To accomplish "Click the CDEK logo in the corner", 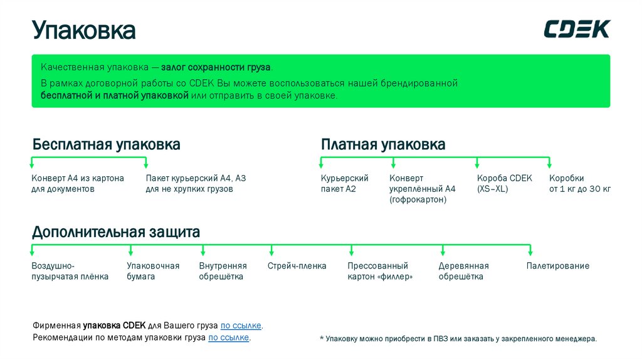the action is pyautogui.click(x=576, y=29).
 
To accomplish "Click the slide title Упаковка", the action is pyautogui.click(x=84, y=30).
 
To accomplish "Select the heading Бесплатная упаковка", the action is pyautogui.click(x=107, y=145).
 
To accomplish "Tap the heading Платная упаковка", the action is pyautogui.click(x=383, y=145).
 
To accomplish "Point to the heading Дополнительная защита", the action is pyautogui.click(x=116, y=233).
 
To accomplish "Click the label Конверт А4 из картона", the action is pyautogui.click(x=78, y=183).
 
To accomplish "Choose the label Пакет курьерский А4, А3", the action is pyautogui.click(x=196, y=183).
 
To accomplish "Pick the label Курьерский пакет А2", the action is pyautogui.click(x=344, y=183).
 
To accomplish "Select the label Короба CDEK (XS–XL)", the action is pyautogui.click(x=504, y=183).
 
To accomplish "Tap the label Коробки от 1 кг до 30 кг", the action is pyautogui.click(x=579, y=183).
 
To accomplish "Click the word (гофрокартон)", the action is pyautogui.click(x=418, y=199).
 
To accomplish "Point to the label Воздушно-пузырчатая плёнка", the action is pyautogui.click(x=70, y=271).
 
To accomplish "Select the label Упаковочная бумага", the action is pyautogui.click(x=153, y=271).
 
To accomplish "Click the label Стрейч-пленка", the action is pyautogui.click(x=297, y=266).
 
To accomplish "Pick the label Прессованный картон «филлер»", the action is pyautogui.click(x=380, y=271).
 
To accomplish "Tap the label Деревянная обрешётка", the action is pyautogui.click(x=463, y=271).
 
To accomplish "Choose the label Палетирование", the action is pyautogui.click(x=557, y=266).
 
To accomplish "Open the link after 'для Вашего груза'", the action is pyautogui.click(x=241, y=326).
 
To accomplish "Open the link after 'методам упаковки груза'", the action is pyautogui.click(x=229, y=338).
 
